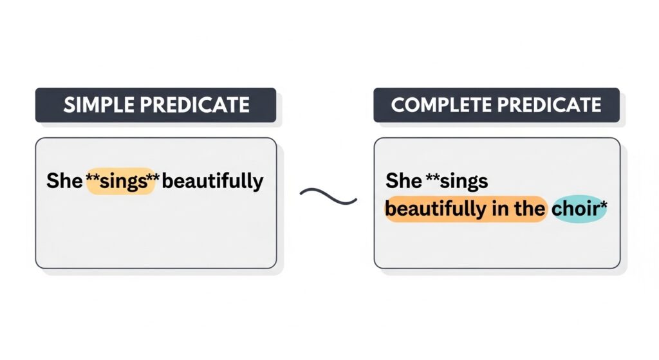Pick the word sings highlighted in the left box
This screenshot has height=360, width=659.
pyautogui.click(x=122, y=181)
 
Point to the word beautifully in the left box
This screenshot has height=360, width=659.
pyautogui.click(x=213, y=182)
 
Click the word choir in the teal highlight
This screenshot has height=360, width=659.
pyautogui.click(x=575, y=209)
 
